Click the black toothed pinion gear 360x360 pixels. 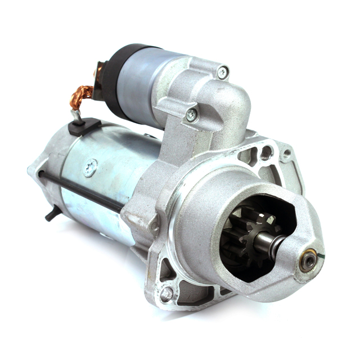236,238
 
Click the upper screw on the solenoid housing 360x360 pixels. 223,72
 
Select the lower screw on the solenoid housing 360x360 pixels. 191,114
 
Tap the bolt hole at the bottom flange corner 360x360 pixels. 166,293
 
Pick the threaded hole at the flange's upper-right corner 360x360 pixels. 287,153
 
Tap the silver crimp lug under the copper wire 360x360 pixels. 75,115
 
